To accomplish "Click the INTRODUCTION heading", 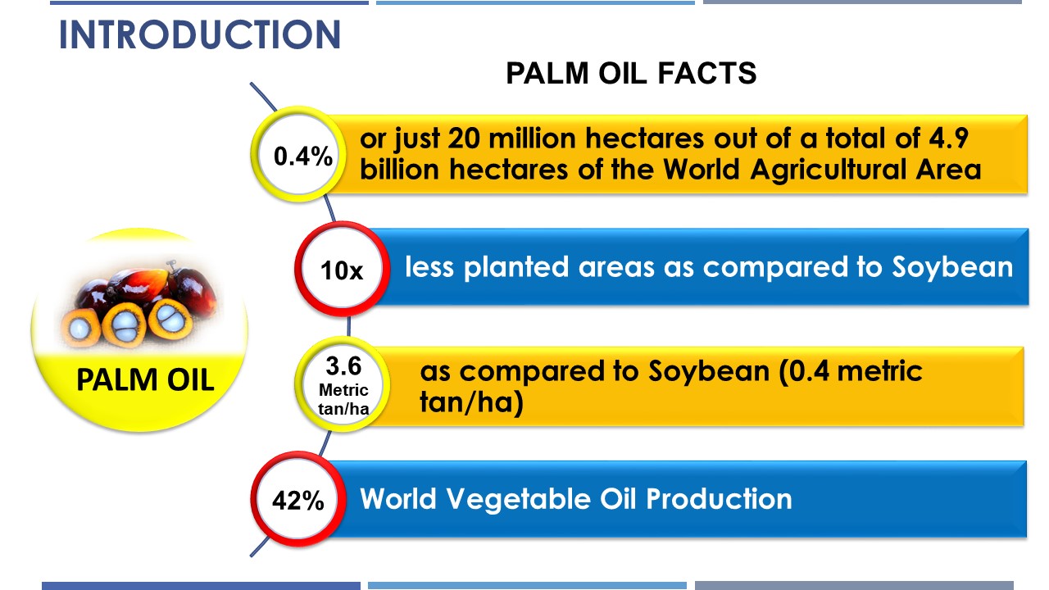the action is coord(200,34).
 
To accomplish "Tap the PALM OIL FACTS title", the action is coord(631,74).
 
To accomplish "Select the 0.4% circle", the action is coord(298,155).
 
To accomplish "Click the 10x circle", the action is coord(343,269).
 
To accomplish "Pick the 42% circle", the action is coord(298,499).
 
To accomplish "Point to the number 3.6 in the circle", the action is coord(343,366).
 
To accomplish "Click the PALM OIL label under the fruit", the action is coord(145,379).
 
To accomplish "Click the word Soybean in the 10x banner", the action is coord(952,267).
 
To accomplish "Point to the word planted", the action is coord(516,267).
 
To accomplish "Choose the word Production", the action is coord(719,499).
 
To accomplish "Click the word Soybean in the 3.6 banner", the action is coord(709,372).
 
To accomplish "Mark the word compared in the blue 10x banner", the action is coord(775,268).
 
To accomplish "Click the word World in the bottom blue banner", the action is coord(398,499).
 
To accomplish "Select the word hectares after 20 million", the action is coord(645,138).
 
